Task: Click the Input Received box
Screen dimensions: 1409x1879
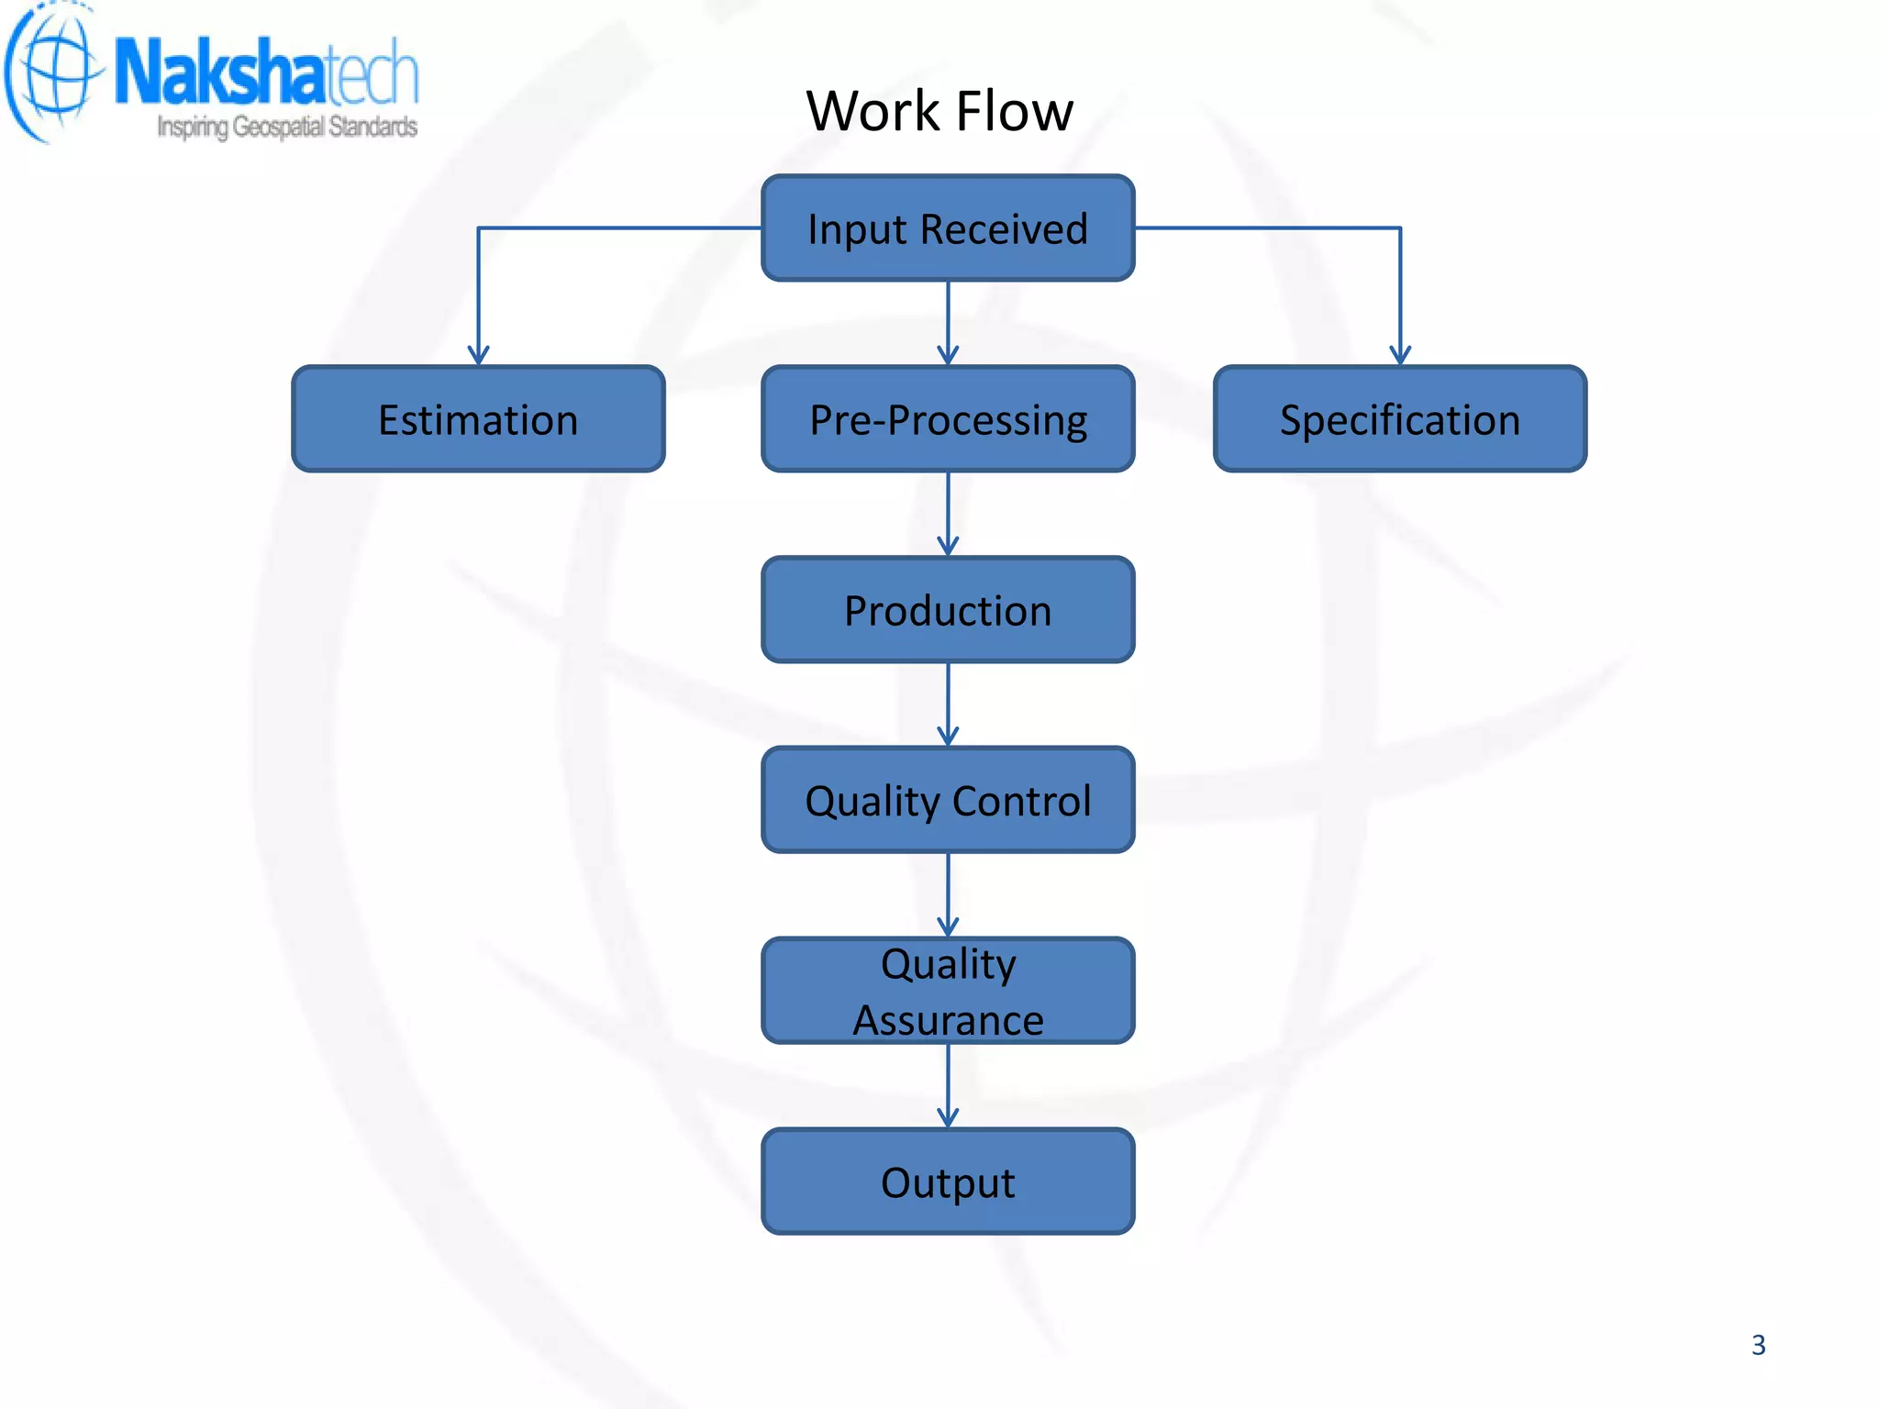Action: (x=948, y=227)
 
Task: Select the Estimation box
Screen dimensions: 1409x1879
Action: (x=478, y=419)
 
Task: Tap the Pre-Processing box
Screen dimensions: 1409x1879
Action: (x=948, y=419)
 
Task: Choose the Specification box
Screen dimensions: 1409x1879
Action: (x=1400, y=419)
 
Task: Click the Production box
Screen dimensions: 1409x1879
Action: (x=948, y=610)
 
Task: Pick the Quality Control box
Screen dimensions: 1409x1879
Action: (x=948, y=800)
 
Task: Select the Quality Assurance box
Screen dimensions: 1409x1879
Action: (x=948, y=991)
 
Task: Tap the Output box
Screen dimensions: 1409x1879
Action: (x=948, y=1182)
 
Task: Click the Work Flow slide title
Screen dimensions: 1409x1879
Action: (x=939, y=111)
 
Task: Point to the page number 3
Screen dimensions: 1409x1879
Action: (x=1758, y=1345)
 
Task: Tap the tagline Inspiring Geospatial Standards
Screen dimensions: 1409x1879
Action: (x=287, y=127)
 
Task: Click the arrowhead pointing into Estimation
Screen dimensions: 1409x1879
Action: (x=478, y=356)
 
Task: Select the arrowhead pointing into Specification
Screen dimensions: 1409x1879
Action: (x=1400, y=356)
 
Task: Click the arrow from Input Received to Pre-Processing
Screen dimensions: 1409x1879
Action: (x=948, y=323)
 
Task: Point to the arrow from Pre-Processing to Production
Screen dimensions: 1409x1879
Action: (x=948, y=514)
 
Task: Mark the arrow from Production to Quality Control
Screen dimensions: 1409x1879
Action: (x=948, y=704)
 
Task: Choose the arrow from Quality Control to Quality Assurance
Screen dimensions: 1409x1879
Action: (x=948, y=895)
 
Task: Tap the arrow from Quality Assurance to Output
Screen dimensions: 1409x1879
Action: (x=948, y=1086)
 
